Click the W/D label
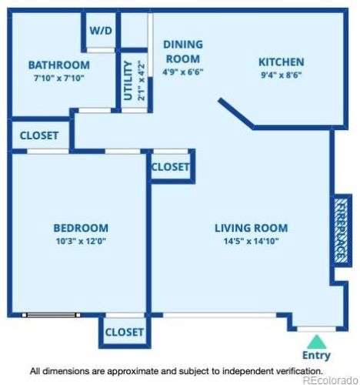point(100,31)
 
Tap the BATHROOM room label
point(58,65)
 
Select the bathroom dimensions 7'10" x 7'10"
point(58,78)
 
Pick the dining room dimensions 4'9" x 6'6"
point(182,72)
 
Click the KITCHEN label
point(281,62)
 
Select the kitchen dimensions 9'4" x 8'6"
point(281,75)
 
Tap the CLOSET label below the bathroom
point(39,136)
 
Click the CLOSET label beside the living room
point(171,167)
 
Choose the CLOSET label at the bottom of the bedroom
point(124,332)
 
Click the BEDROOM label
point(80,228)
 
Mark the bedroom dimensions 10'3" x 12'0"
point(80,241)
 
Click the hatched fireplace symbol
point(342,230)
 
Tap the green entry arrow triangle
point(316,341)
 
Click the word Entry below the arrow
point(316,356)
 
